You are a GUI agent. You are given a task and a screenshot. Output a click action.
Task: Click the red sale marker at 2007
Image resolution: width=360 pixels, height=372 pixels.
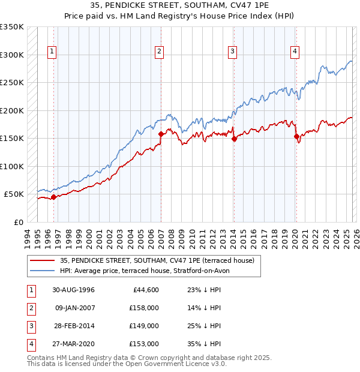161,134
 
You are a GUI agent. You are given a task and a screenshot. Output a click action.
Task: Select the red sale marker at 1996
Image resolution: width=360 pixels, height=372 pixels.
54,197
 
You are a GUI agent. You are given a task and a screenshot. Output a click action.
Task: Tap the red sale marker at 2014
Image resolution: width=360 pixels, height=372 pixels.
234,139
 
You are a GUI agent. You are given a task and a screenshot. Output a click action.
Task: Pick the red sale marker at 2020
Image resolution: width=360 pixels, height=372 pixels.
296,136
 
